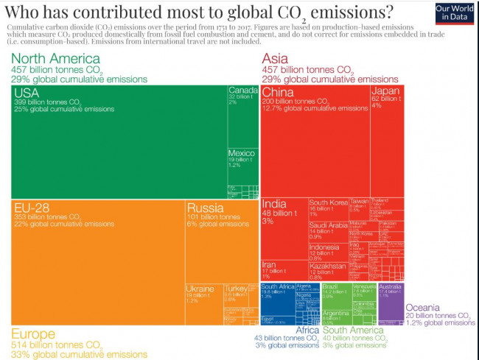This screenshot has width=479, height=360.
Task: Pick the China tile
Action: [314, 140]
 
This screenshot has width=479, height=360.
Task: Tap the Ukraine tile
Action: [203, 302]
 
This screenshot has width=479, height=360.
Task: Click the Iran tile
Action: [283, 269]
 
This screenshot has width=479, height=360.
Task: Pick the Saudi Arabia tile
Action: [327, 230]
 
